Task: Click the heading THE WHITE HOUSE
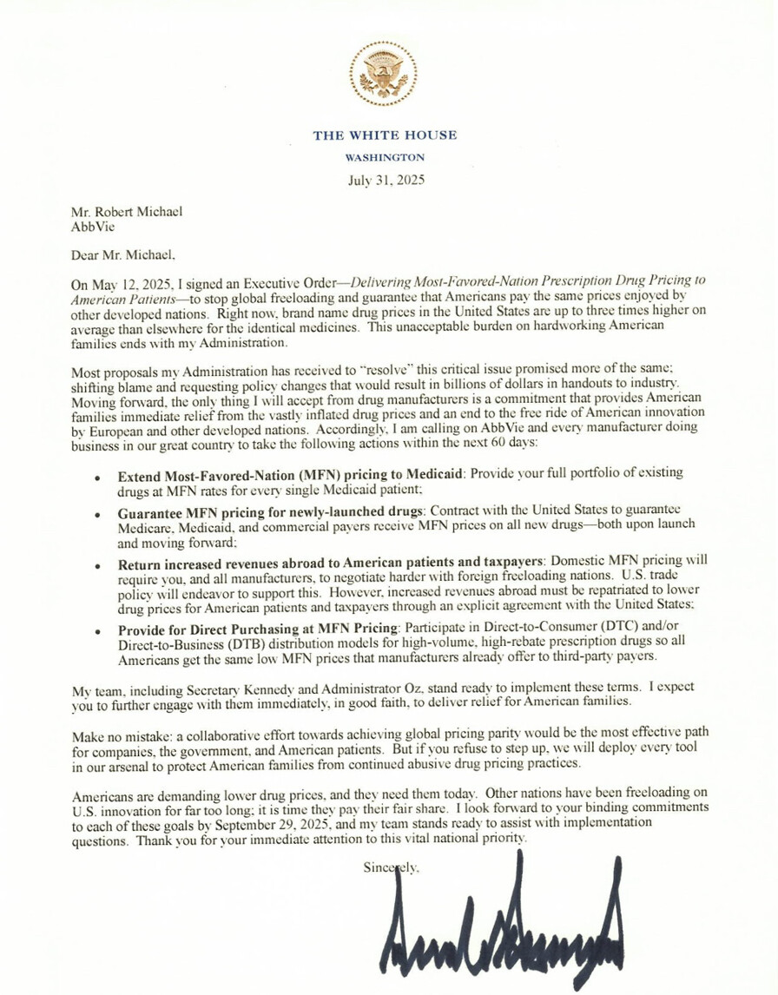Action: pos(385,135)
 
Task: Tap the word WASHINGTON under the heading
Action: pos(385,158)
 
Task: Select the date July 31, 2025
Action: pos(385,181)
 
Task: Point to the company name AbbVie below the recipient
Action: pos(91,226)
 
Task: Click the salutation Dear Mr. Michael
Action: pos(126,255)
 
